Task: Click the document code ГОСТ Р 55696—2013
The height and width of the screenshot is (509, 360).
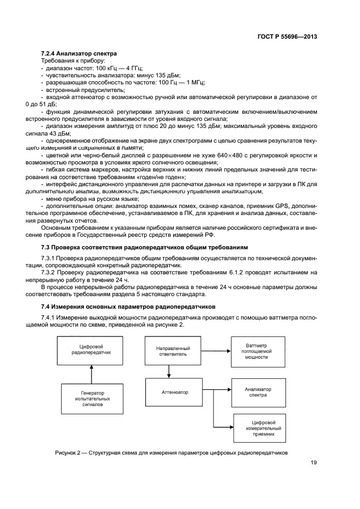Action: (288, 36)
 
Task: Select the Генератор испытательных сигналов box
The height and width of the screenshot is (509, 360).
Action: (91, 397)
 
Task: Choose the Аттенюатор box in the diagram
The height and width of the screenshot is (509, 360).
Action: (174, 391)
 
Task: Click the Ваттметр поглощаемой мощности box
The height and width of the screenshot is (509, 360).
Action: (258, 351)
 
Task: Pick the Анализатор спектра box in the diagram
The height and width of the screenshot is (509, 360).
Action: (258, 392)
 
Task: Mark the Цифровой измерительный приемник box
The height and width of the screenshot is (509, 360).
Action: (260, 428)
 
